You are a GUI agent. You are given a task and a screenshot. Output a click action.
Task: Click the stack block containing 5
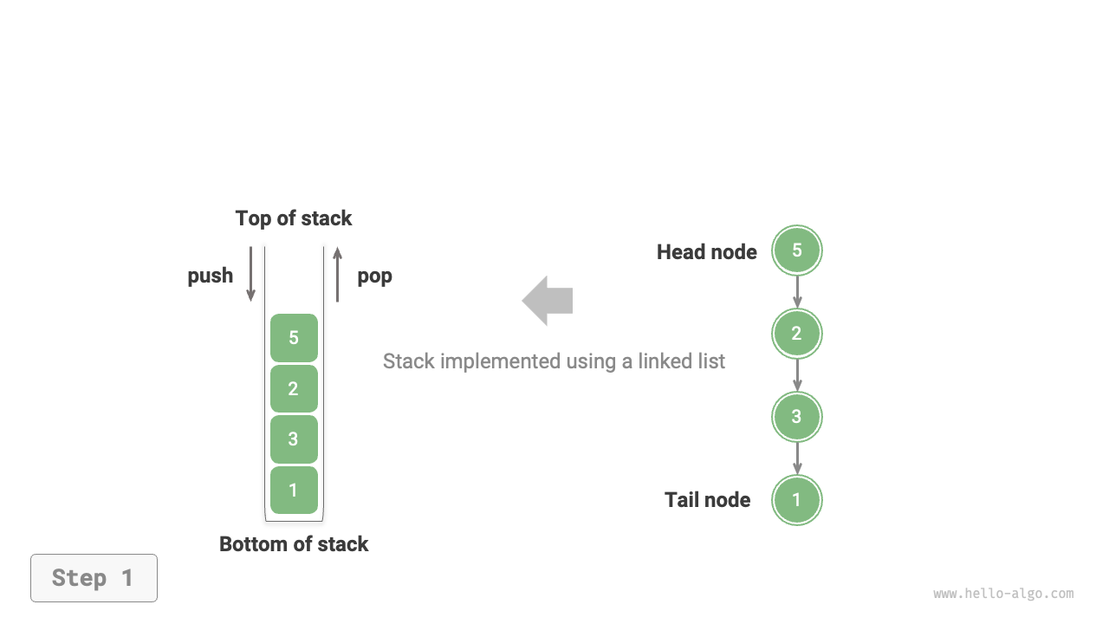coord(294,338)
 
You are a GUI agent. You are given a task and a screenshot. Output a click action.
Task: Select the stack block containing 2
coord(294,388)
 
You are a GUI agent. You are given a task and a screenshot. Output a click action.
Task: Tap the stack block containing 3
coord(294,439)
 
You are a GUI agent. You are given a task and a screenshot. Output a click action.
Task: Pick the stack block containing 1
coord(294,490)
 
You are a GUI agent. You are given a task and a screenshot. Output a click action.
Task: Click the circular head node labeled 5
coord(797,250)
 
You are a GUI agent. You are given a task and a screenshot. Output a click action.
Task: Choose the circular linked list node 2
coord(797,334)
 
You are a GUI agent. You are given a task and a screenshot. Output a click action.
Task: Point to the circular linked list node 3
coord(797,417)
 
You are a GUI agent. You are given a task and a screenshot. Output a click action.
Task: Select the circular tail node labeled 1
coord(797,500)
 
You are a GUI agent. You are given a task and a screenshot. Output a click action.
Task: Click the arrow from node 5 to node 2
coord(797,292)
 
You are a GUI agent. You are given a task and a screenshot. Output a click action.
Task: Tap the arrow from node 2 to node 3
coord(797,375)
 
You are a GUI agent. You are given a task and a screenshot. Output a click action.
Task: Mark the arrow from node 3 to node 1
coord(797,458)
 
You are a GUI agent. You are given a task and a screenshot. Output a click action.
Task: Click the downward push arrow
coord(251,274)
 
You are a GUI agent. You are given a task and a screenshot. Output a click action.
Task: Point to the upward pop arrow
coord(337,274)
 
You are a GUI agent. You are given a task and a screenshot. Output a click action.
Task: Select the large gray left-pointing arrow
coord(548,301)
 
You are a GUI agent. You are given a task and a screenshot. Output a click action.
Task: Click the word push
coord(211,276)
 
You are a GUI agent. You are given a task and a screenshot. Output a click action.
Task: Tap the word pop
coord(374,276)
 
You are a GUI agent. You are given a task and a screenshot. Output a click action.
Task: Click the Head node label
coord(706,252)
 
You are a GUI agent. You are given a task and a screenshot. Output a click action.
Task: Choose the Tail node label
coord(707,500)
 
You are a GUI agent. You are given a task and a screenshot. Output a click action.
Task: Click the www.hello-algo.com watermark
coord(1003,594)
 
